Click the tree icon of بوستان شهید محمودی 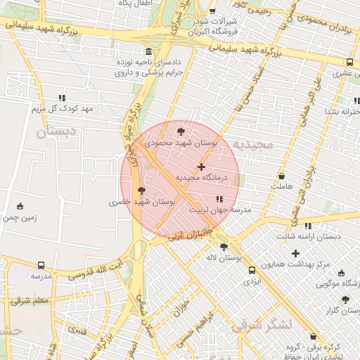coord(181,131)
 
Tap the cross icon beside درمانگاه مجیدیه coord(202,167)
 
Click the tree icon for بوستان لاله coord(224,247)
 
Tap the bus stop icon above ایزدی coord(251,269)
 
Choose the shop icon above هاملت coord(281,176)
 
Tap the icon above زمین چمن coord(20,206)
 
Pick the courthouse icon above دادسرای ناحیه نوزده coord(148,52)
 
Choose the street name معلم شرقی coord(30,300)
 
